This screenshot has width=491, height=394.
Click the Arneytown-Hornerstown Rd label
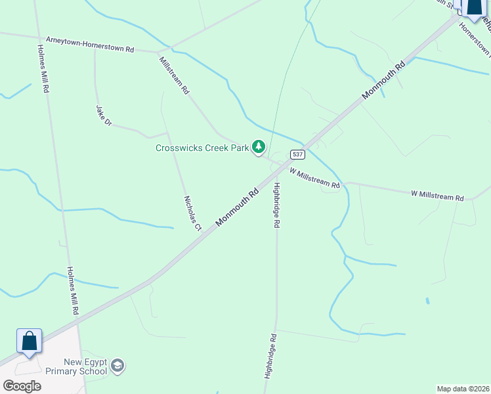[86, 45]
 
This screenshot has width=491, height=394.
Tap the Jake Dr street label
[104, 116]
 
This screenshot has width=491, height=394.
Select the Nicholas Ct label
[192, 213]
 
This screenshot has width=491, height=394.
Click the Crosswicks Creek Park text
[202, 148]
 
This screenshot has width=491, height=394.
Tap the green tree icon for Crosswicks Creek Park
[259, 146]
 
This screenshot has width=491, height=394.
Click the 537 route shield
[298, 154]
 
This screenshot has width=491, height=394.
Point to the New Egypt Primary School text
[85, 367]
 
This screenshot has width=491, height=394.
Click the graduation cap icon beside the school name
[117, 366]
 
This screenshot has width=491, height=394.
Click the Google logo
[22, 386]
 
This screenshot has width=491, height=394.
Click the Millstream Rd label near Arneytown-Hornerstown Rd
[174, 75]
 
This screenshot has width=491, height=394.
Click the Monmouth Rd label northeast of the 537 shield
[385, 80]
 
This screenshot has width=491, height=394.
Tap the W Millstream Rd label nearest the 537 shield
[314, 179]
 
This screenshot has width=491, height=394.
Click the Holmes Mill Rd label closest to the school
[74, 291]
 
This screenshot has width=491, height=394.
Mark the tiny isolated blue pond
[428, 301]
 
